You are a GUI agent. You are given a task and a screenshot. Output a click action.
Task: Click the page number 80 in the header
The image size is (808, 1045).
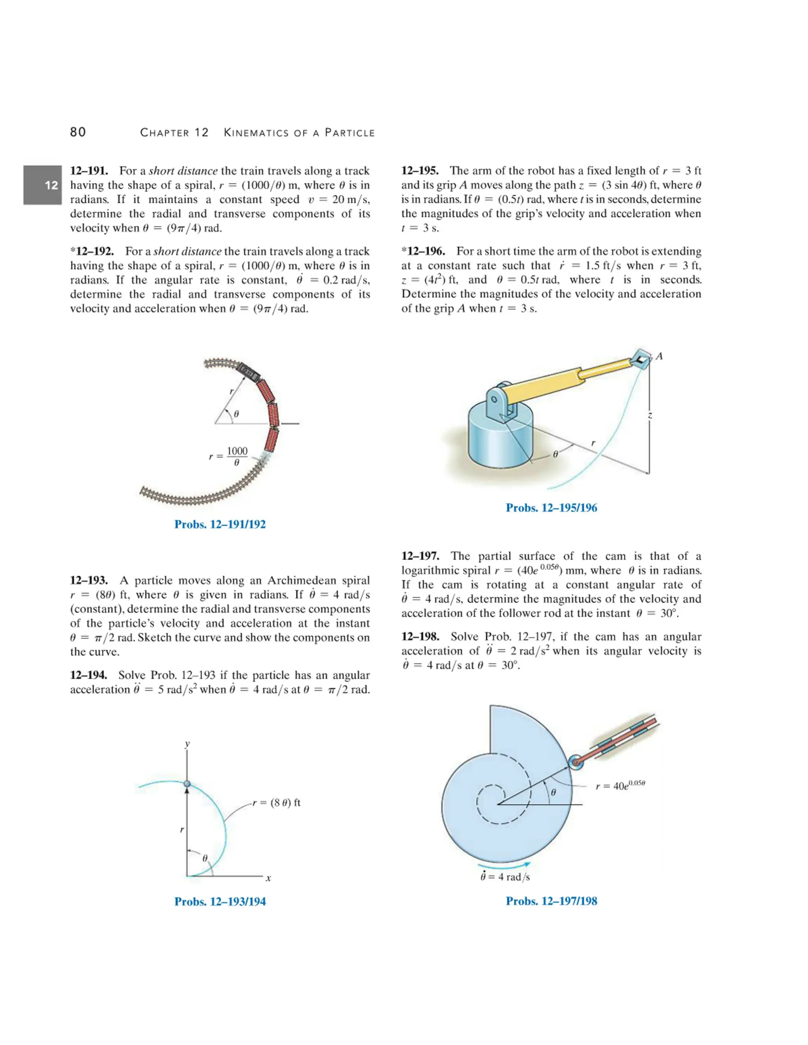point(78,132)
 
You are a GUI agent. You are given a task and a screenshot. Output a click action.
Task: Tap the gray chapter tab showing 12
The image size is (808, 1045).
point(43,185)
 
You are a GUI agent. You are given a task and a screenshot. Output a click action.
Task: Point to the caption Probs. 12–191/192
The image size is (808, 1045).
point(220,524)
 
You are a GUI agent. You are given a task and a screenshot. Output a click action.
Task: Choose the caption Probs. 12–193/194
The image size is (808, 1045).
point(220,901)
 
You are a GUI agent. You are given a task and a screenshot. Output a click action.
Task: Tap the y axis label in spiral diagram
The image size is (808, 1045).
point(187,744)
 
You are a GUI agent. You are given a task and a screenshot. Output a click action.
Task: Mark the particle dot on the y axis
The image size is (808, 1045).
point(187,784)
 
